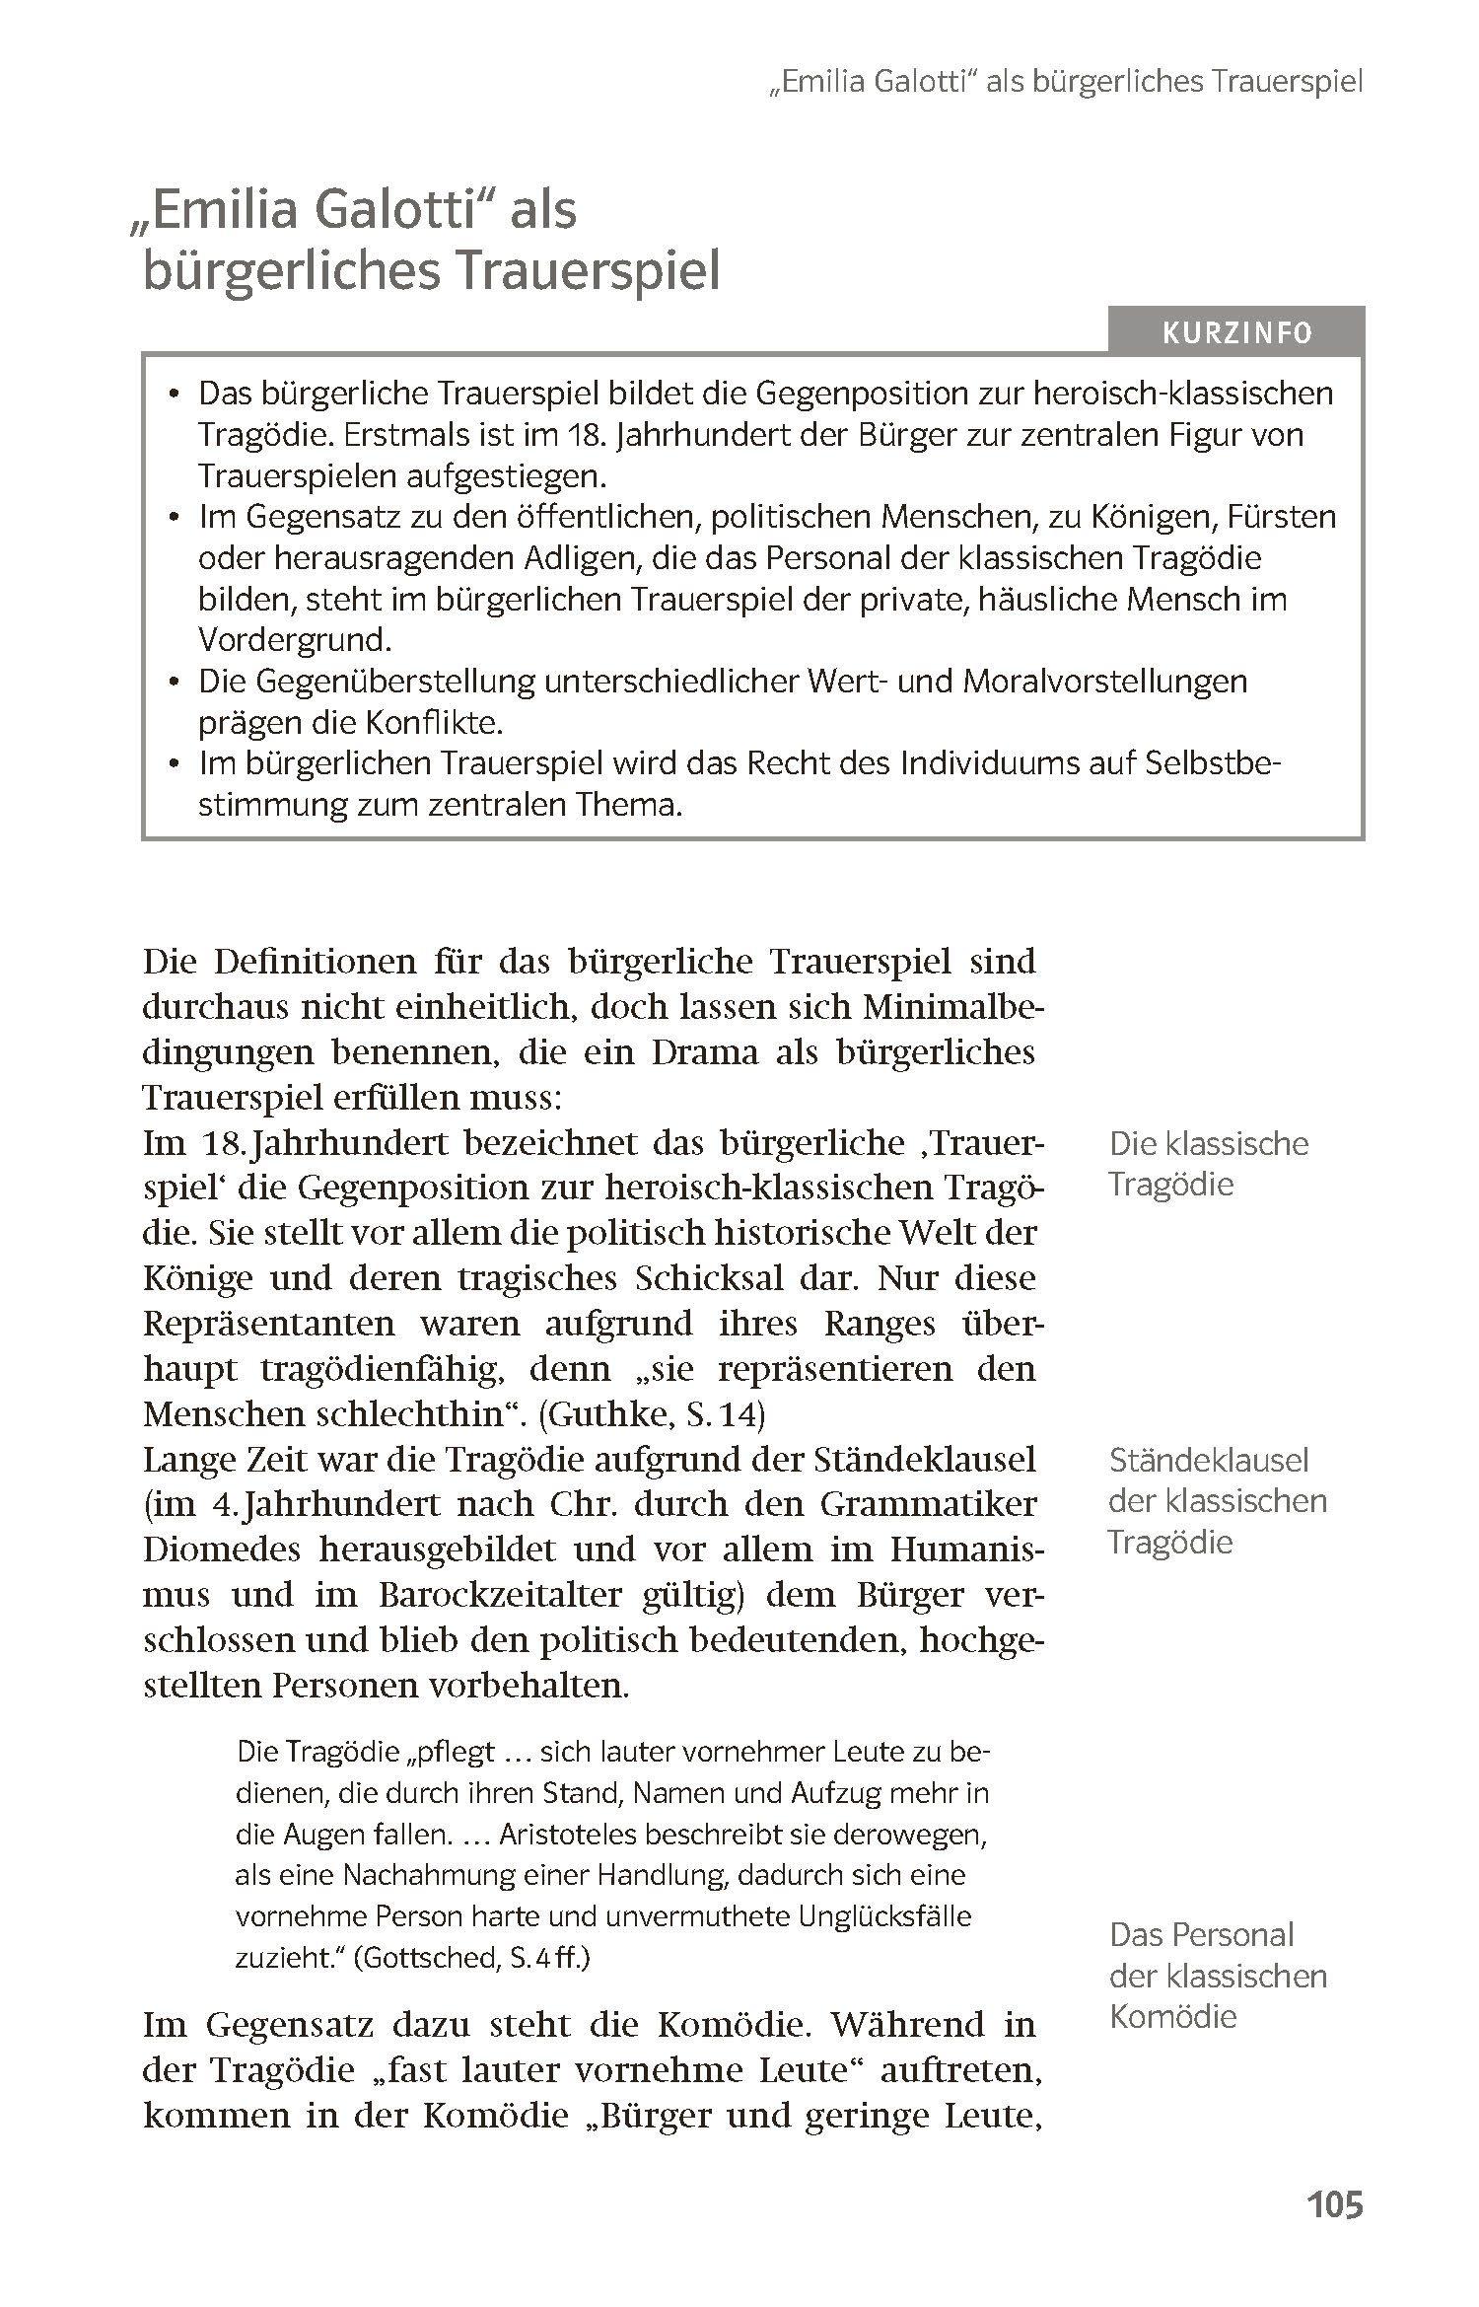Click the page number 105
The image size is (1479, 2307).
tap(1334, 2203)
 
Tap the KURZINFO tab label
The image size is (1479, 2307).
tap(1236, 333)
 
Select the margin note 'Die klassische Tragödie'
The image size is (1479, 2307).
tap(1208, 1164)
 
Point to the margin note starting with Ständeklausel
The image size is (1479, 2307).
tap(1217, 1500)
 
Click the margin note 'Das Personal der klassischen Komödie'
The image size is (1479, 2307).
tap(1217, 1976)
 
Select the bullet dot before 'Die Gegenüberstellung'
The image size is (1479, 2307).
tap(175, 683)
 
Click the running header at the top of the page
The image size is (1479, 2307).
tap(1065, 82)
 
